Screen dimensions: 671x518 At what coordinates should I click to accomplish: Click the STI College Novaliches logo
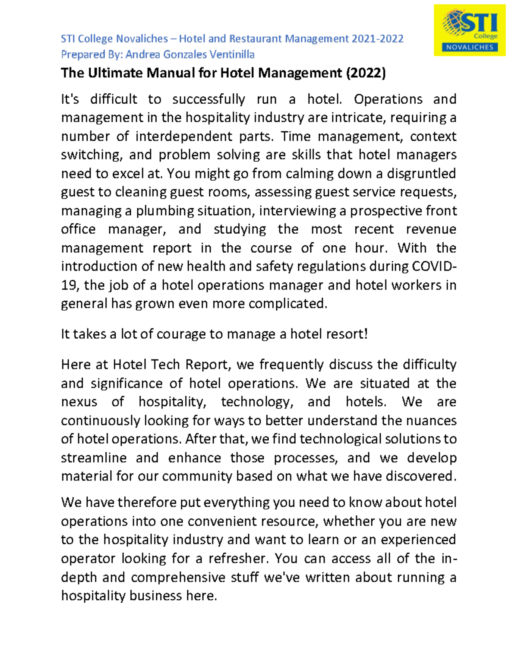click(469, 30)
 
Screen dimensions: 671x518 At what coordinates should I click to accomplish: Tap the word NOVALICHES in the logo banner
click(469, 48)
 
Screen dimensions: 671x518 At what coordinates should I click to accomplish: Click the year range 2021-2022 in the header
click(377, 39)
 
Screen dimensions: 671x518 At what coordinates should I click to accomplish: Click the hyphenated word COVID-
click(434, 267)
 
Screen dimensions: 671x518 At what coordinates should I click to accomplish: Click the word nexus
click(79, 402)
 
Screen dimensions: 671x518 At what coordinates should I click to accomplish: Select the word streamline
click(94, 458)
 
